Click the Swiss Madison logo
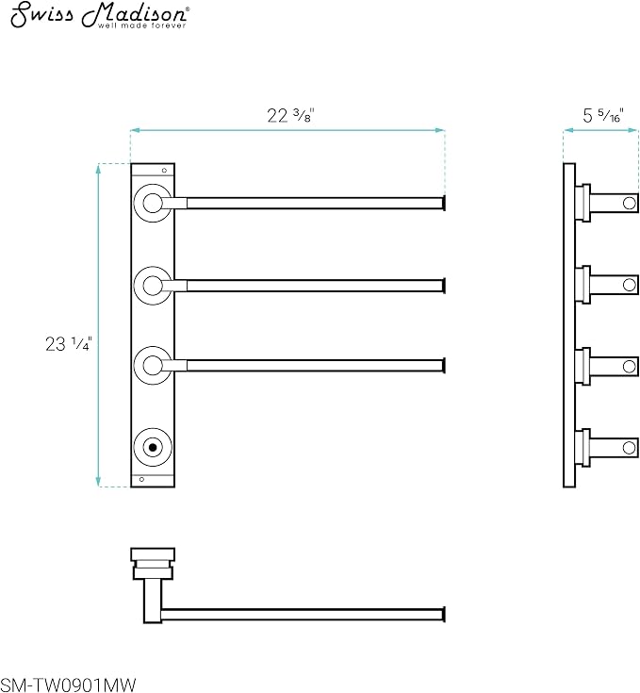100,16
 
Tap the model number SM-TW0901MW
69,685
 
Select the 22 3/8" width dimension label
290,115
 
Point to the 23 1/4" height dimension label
69,344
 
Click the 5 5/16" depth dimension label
602,115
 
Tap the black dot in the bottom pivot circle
153,447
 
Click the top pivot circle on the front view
153,204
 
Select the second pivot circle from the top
153,286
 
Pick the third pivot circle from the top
153,366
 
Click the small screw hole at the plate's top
164,170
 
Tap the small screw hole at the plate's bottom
141,480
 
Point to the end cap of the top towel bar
443,204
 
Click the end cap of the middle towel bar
443,286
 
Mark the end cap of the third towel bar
443,366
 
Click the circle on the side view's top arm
630,204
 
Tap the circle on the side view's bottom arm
630,448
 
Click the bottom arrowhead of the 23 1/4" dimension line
98,482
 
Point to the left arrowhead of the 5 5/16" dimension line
568,130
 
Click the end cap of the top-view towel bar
443,615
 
